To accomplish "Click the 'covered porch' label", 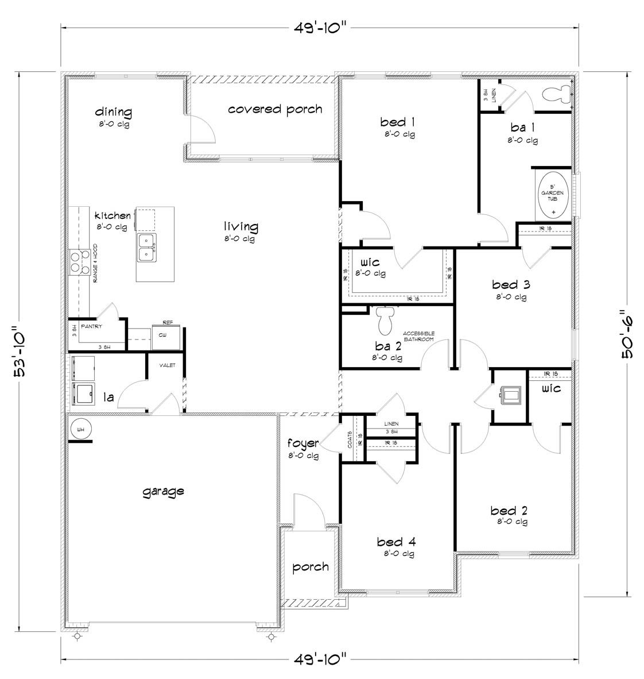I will [x=275, y=109].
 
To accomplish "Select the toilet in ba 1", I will [x=557, y=92].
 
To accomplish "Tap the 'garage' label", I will [x=164, y=491].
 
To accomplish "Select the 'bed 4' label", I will [x=396, y=542].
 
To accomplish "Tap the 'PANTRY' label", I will [x=91, y=326].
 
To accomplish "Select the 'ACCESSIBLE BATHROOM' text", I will [x=418, y=336].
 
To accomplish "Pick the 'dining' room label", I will [x=113, y=112].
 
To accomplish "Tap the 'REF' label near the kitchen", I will [x=168, y=323].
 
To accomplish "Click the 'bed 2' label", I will [x=509, y=510].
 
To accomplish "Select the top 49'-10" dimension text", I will [x=319, y=27].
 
